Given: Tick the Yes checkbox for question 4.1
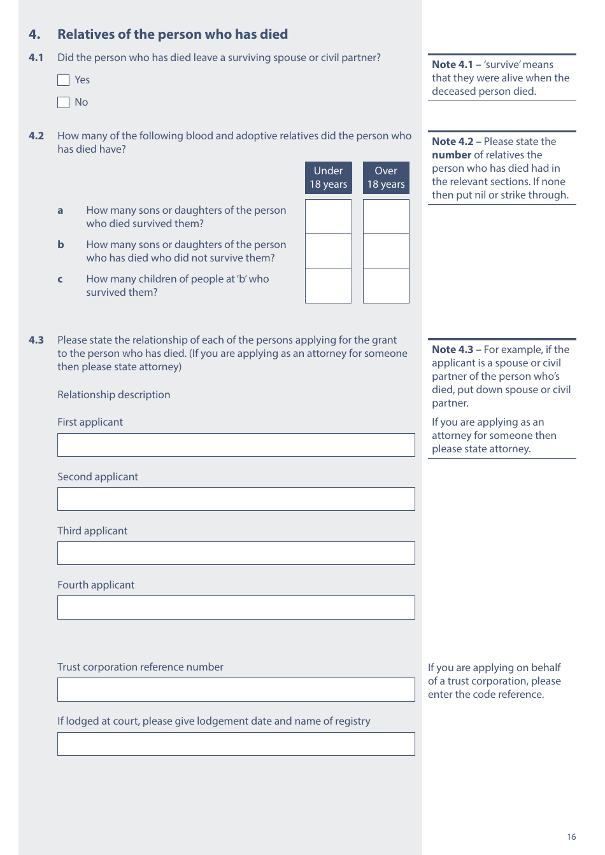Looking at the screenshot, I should (63, 80).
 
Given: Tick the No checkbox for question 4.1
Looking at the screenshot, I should (63, 102).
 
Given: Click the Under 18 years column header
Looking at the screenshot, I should (328, 177).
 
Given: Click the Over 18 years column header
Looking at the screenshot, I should (385, 177).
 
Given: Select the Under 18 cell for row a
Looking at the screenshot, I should (328, 216).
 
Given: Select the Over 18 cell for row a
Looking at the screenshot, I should (385, 216).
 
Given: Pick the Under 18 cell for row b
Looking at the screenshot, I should (328, 251).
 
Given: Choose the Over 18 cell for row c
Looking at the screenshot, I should (385, 286).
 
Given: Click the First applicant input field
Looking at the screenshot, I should (236, 445).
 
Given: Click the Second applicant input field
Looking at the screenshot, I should (236, 499).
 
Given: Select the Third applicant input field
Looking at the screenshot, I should (236, 553).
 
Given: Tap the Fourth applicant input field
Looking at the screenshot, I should (236, 608).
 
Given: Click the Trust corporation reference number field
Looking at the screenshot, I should (236, 690).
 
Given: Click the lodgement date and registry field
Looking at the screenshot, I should (236, 744).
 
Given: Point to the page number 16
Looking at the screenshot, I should (571, 837).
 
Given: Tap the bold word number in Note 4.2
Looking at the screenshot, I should (451, 155).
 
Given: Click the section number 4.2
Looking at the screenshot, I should (36, 136).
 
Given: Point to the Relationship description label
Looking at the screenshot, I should (113, 395).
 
